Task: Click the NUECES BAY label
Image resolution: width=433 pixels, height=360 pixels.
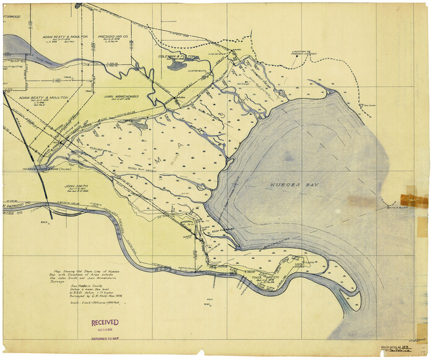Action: click(289, 186)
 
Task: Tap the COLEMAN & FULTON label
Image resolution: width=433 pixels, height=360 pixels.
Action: click(177, 56)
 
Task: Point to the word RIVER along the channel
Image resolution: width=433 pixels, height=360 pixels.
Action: click(179, 267)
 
